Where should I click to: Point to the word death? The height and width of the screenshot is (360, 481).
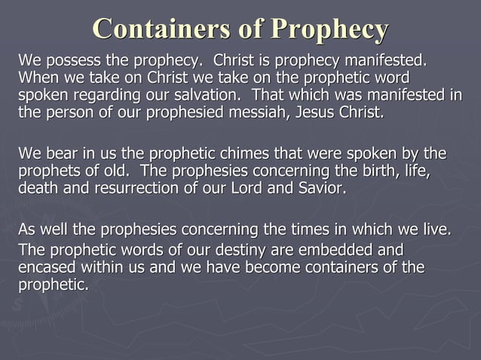click(x=36, y=188)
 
